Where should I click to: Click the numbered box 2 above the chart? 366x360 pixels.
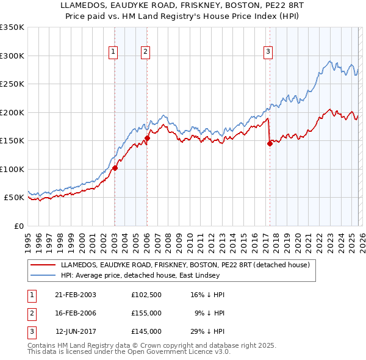(146, 52)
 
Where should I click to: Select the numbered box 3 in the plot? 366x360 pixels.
(268, 52)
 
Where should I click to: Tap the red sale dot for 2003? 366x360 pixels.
(115, 168)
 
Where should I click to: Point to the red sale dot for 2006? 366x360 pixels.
(147, 139)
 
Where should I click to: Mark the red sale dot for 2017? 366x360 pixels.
(270, 144)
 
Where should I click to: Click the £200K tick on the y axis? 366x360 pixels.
(12, 112)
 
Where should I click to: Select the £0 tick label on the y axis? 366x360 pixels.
(18, 226)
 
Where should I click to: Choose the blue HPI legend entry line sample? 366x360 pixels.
(44, 275)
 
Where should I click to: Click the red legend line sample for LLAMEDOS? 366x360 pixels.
(44, 265)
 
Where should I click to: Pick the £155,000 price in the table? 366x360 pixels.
(146, 313)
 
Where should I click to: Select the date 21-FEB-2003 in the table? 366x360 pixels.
(76, 295)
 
